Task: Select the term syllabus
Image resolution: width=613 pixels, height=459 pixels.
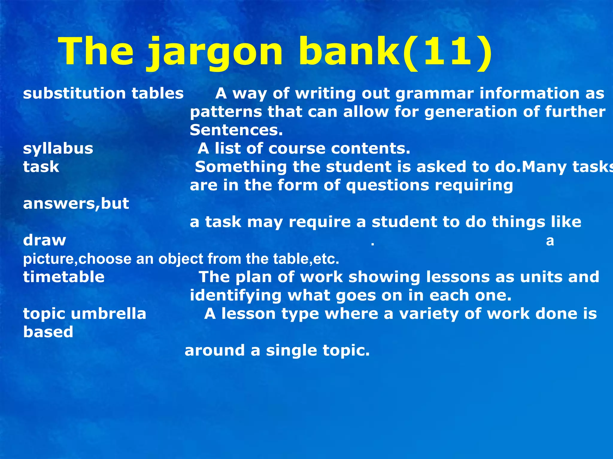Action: [x=58, y=149]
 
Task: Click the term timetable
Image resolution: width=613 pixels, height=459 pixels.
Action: [x=64, y=277]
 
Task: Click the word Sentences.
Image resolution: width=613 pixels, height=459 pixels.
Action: [x=236, y=130]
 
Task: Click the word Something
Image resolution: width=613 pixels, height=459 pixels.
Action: [x=241, y=167]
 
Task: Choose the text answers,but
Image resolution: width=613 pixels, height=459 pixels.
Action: [x=76, y=204]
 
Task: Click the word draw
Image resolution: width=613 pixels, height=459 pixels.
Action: [x=44, y=240]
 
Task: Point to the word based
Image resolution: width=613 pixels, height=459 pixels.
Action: [x=48, y=332]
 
